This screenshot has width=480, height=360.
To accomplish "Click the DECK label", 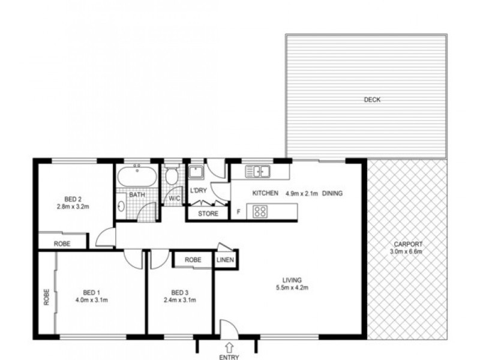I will point(373,100).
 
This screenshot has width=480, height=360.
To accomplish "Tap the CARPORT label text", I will point(409,244).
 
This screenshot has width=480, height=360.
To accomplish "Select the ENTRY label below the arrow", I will point(229,358).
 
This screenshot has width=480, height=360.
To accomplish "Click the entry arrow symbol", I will point(229,346).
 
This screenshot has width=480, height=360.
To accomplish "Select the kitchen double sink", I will point(259,172).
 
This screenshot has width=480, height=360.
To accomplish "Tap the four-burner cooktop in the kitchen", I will point(260,211).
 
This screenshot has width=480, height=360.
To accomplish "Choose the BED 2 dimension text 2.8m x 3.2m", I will point(73,209).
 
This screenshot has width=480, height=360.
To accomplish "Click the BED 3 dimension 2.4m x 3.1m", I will point(181,299).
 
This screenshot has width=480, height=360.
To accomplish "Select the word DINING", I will point(333,193).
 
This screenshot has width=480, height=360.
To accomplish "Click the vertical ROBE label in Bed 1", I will point(46,298).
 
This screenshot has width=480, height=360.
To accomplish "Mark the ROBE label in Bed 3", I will point(193,260).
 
